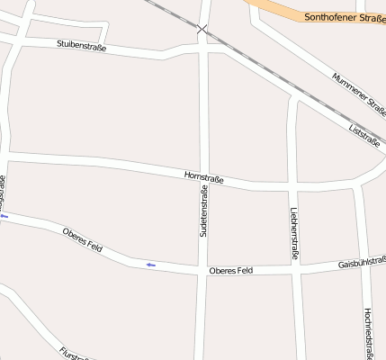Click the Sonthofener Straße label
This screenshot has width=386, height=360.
(345, 17)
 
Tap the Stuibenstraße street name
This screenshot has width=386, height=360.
(81, 44)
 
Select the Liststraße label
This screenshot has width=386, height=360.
(363, 135)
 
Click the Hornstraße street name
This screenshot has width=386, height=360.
(203, 178)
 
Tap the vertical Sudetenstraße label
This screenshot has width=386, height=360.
(204, 212)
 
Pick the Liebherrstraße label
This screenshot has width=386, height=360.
(294, 234)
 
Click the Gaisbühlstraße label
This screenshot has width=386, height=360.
(362, 264)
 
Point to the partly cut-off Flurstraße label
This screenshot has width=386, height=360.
(76, 353)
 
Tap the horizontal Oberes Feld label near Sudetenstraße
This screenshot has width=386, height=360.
(230, 270)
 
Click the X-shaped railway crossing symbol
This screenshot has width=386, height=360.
(202, 30)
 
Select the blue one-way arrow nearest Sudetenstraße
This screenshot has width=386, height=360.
(150, 264)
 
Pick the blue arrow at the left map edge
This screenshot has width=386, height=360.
(4, 216)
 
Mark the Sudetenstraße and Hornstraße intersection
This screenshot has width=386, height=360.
(203, 180)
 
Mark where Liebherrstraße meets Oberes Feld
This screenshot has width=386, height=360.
(297, 269)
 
